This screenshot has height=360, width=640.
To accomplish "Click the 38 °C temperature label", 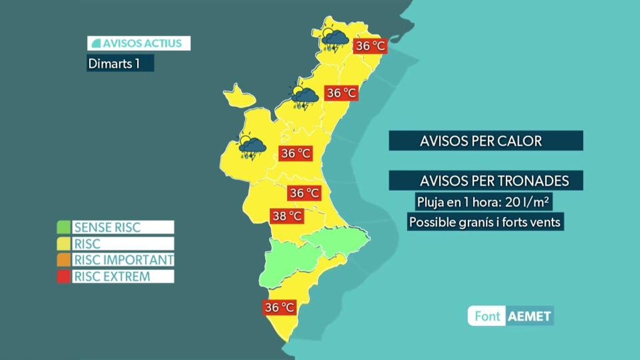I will click(x=287, y=216).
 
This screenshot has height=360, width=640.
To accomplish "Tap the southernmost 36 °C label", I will click(x=280, y=307).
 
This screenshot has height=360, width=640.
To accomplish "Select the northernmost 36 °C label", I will click(x=370, y=46).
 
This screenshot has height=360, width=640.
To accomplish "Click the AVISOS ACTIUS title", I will click(x=139, y=43).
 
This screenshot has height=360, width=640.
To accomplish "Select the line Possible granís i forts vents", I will click(x=485, y=222).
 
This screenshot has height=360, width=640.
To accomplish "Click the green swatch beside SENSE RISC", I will click(x=64, y=227).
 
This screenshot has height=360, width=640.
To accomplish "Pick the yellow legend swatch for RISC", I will click(x=64, y=244).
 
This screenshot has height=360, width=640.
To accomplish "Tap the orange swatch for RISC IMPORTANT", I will click(x=64, y=260).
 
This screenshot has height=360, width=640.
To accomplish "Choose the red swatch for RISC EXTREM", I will click(x=64, y=276).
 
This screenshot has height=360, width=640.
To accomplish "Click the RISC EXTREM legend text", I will click(x=112, y=276).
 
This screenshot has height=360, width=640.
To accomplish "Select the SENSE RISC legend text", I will click(x=108, y=227).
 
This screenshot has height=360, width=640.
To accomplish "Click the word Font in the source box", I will click(x=487, y=316).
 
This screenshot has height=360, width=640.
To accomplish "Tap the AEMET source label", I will click(x=529, y=316).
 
